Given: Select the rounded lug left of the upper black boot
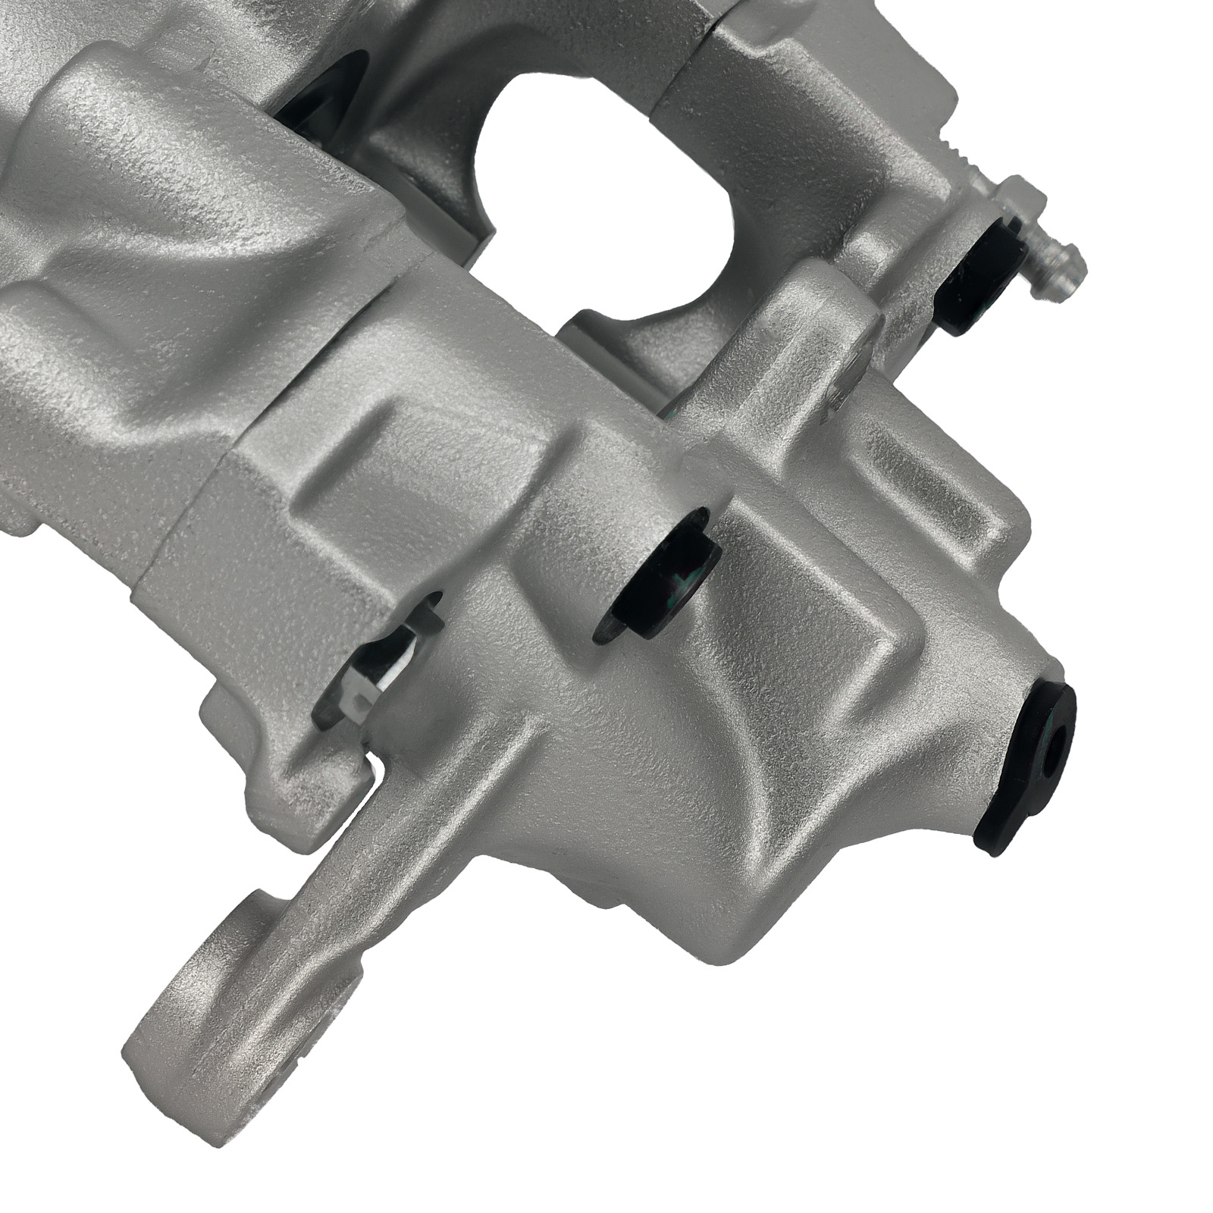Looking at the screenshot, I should tap(842, 318).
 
